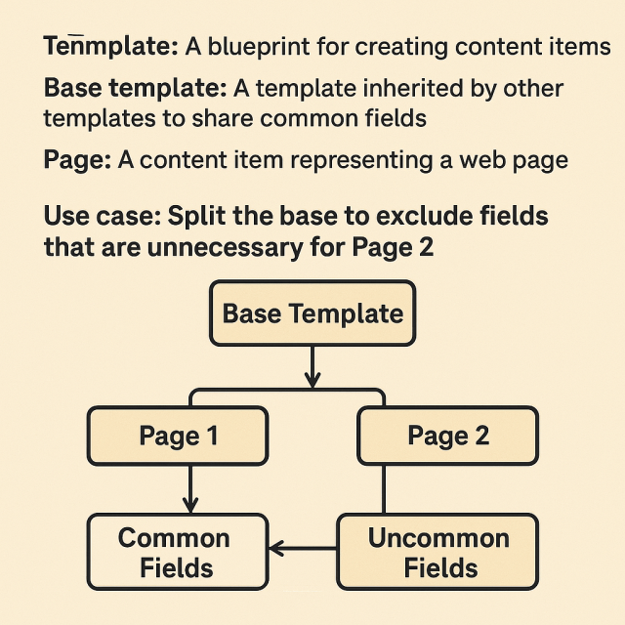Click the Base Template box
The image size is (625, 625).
[x=312, y=314]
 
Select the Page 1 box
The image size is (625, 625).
[x=178, y=436]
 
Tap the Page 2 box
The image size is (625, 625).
[x=447, y=436]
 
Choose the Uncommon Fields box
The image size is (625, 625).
[x=437, y=553]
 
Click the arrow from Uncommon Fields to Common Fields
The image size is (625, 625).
[x=303, y=550]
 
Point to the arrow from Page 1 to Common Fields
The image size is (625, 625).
[x=190, y=488]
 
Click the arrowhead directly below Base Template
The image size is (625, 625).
[x=312, y=379]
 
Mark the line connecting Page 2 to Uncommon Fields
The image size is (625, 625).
[x=383, y=488]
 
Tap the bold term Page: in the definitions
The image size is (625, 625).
[x=77, y=160]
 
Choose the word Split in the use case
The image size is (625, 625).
[x=201, y=215]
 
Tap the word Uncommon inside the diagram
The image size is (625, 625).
[x=438, y=538]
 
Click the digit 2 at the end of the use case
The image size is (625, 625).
[x=425, y=246]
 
